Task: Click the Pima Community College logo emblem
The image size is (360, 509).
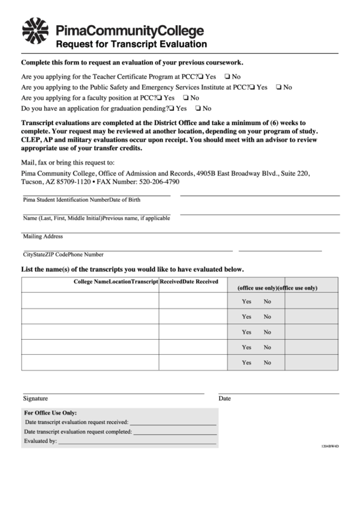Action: [36, 31]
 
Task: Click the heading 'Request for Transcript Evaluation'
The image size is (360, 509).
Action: [131, 44]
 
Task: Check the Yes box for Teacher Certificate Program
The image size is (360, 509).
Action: [202, 77]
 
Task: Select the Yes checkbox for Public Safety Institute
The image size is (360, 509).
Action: [253, 87]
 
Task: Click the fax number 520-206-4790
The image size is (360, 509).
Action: [158, 182]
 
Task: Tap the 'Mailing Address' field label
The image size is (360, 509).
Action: [43, 236]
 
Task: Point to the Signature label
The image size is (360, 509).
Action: [35, 398]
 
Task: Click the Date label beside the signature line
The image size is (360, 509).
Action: [225, 398]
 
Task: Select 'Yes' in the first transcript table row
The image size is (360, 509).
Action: [247, 301]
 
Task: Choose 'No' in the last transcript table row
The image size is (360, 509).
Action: [268, 363]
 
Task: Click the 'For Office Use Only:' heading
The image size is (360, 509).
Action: [50, 413]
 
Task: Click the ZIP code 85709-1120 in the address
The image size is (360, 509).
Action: [75, 182]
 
